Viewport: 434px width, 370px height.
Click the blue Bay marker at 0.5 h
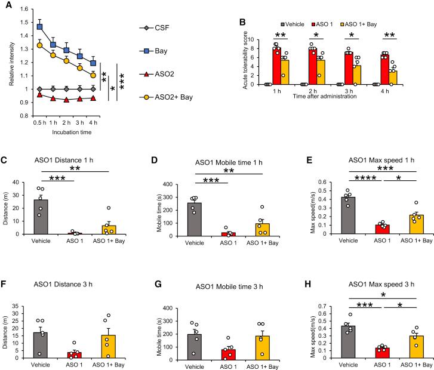(40, 26)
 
